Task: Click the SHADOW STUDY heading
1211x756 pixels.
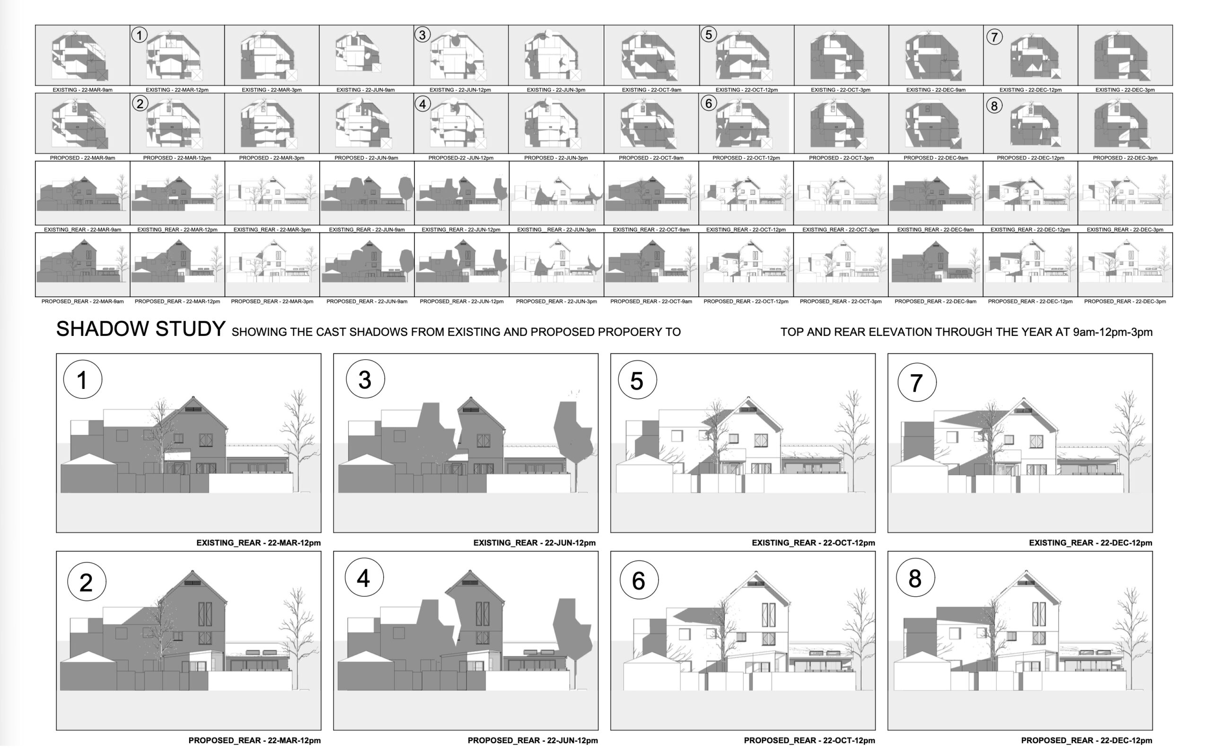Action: pyautogui.click(x=140, y=329)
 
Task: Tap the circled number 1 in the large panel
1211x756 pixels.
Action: pyautogui.click(x=83, y=379)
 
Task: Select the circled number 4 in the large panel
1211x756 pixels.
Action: pyautogui.click(x=364, y=577)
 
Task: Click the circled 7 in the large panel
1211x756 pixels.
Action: pyautogui.click(x=916, y=383)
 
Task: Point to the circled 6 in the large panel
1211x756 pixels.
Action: pyautogui.click(x=639, y=580)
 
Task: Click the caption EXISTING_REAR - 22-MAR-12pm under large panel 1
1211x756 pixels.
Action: pyautogui.click(x=258, y=543)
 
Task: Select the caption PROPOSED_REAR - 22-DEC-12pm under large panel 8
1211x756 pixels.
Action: pyautogui.click(x=1087, y=740)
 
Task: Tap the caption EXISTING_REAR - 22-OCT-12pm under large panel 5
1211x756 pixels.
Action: pyautogui.click(x=813, y=543)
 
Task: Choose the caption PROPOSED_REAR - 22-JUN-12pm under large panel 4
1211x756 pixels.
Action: pyautogui.click(x=533, y=740)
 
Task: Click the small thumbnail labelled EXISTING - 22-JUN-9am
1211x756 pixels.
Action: pyautogui.click(x=366, y=55)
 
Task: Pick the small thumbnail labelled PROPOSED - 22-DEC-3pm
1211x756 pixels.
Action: pyautogui.click(x=1125, y=123)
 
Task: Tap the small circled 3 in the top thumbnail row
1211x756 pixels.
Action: pyautogui.click(x=422, y=35)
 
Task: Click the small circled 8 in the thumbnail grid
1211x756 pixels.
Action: pyautogui.click(x=994, y=106)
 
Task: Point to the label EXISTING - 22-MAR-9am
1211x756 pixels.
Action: pyautogui.click(x=83, y=90)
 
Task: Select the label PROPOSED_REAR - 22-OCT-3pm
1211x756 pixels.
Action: pyautogui.click(x=841, y=301)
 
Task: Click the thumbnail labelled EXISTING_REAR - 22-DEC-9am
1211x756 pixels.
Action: pyautogui.click(x=935, y=193)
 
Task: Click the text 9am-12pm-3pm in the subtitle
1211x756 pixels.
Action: pyautogui.click(x=1113, y=332)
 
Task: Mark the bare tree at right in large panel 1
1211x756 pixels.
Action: pyautogui.click(x=299, y=440)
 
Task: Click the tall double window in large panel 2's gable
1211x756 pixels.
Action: pyautogui.click(x=205, y=614)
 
